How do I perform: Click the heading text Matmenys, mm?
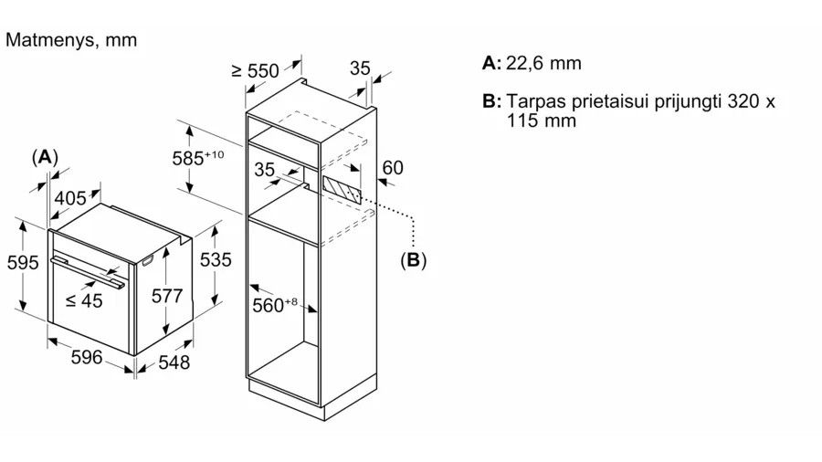tap(71, 40)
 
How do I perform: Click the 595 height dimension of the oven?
tap(23, 262)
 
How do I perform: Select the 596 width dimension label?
tap(87, 357)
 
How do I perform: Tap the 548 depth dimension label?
tap(174, 362)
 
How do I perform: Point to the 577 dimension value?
tap(167, 296)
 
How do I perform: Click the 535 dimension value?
tap(216, 260)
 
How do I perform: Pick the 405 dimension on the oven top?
tap(70, 198)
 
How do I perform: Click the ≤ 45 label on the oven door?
tap(84, 300)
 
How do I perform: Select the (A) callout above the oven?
tap(45, 157)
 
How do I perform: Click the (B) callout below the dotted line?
tap(413, 260)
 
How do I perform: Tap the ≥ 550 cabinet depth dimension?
tap(256, 70)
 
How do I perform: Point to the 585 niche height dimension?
tap(198, 158)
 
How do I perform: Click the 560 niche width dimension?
tap(275, 305)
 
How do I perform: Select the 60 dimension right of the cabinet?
tap(393, 168)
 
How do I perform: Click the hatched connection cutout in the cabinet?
tap(342, 190)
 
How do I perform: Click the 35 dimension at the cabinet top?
tap(360, 68)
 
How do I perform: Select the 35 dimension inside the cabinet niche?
tap(264, 169)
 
